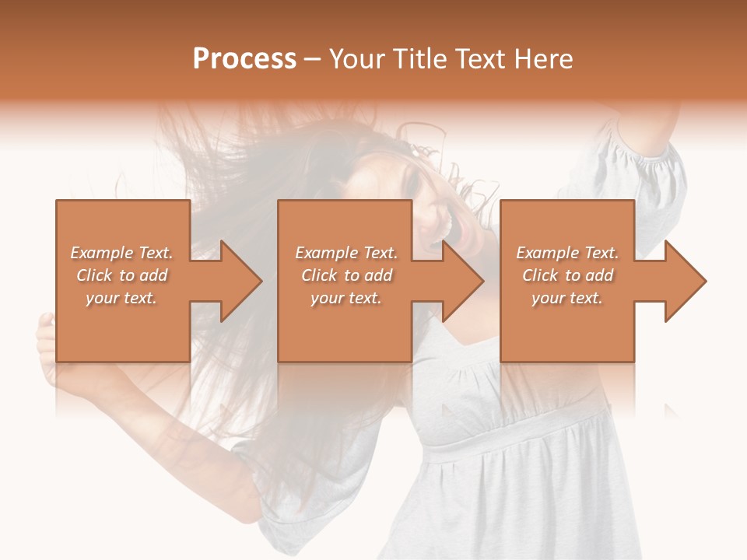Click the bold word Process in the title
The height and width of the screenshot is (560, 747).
point(244,59)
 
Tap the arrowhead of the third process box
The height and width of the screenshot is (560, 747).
point(684,281)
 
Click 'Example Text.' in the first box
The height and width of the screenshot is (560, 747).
point(121,253)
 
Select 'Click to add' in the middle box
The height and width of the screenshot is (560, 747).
point(346,275)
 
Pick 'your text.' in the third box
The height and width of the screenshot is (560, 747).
point(567,298)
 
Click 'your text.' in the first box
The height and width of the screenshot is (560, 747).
point(121,298)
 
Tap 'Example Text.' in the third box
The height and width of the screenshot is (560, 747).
point(567,253)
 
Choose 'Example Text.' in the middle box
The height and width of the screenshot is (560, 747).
point(346,253)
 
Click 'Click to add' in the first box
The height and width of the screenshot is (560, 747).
point(121,275)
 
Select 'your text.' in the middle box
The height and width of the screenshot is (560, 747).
point(346,298)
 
